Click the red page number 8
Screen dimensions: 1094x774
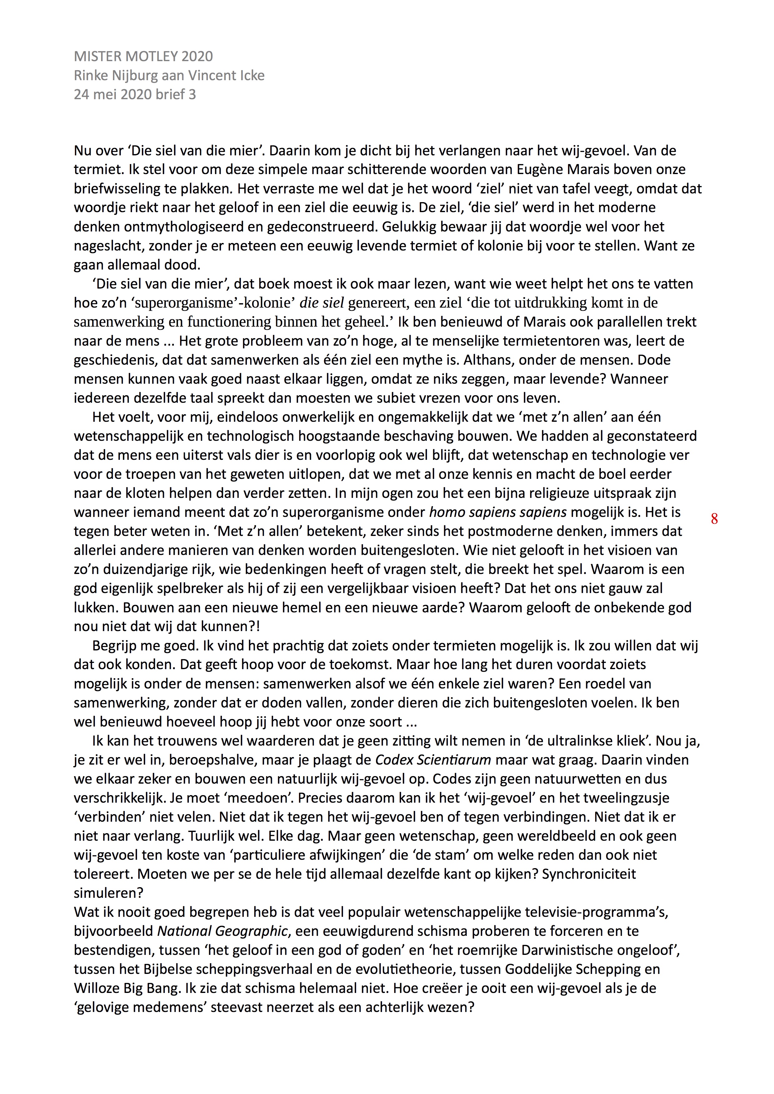(714, 519)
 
